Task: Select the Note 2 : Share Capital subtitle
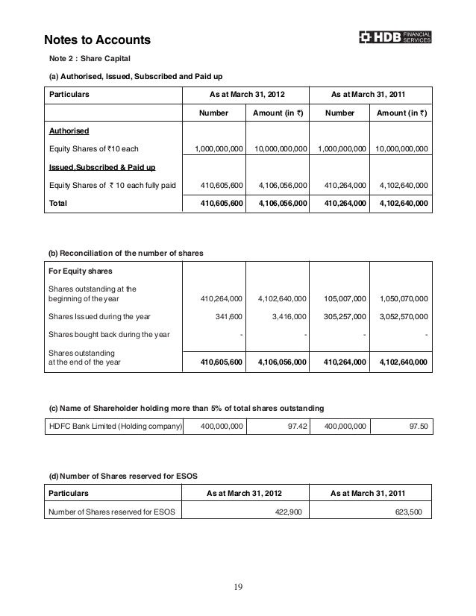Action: point(90,58)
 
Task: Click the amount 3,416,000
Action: point(286,316)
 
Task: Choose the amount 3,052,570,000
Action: point(404,316)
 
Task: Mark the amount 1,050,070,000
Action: point(404,298)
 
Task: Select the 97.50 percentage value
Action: point(419,426)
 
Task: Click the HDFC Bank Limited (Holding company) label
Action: point(115,426)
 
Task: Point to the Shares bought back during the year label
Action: point(107,333)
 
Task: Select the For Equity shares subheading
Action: point(79,271)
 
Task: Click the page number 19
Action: point(237,586)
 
